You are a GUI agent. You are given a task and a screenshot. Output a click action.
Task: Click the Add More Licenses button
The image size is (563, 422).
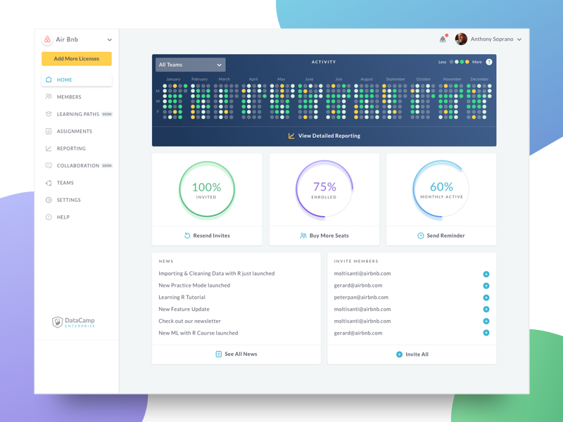pyautogui.click(x=77, y=59)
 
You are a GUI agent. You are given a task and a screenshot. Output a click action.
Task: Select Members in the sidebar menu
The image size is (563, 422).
pyautogui.click(x=68, y=97)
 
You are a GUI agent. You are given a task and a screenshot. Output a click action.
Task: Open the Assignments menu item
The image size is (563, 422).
pyautogui.click(x=74, y=132)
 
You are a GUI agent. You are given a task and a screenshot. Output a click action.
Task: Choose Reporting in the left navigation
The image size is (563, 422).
pyautogui.click(x=70, y=148)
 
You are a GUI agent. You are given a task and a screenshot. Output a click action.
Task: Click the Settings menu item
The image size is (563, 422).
pyautogui.click(x=68, y=200)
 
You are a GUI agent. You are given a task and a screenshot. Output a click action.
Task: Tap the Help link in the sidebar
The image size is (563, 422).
pyautogui.click(x=63, y=217)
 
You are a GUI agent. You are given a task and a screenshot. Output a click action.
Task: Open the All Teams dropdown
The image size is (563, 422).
pyautogui.click(x=190, y=65)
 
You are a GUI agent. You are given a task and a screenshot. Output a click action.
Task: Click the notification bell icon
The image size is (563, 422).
pyautogui.click(x=443, y=39)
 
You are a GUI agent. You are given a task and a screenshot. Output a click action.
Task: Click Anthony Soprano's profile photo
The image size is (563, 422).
pyautogui.click(x=461, y=39)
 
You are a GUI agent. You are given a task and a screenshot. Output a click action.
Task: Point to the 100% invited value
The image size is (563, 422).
pyautogui.click(x=206, y=188)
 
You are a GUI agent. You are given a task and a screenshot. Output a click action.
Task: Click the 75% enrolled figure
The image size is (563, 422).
pyautogui.click(x=324, y=187)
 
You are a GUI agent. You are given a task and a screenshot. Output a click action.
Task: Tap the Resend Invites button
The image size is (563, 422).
pyautogui.click(x=207, y=236)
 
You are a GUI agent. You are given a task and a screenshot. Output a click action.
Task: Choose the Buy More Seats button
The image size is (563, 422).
pyautogui.click(x=324, y=236)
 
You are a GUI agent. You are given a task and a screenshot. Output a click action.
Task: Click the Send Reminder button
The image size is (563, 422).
pyautogui.click(x=441, y=236)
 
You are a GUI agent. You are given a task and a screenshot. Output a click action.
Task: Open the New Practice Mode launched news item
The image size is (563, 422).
pyautogui.click(x=194, y=286)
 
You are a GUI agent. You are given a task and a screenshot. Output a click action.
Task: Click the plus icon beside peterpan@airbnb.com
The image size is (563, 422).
pyautogui.click(x=486, y=298)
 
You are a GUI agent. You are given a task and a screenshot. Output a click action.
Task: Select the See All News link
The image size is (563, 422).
pyautogui.click(x=236, y=354)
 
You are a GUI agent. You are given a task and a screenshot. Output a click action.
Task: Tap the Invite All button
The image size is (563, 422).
pyautogui.click(x=412, y=354)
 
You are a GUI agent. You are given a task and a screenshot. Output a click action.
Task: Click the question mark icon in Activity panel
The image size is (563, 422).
pyautogui.click(x=489, y=62)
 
